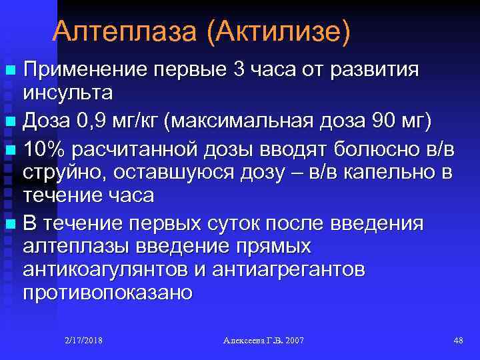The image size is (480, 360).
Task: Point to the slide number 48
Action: click(458, 341)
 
